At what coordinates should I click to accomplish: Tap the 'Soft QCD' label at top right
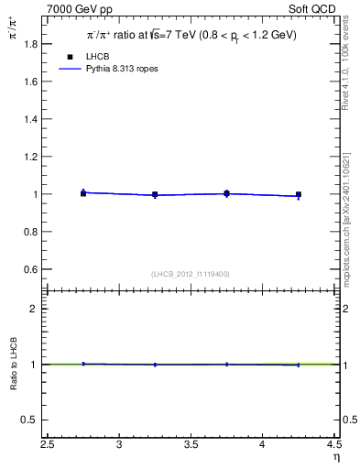[x=314, y=7]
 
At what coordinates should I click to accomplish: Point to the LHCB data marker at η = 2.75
[x=83, y=193]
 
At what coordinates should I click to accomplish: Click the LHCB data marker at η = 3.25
[x=155, y=194]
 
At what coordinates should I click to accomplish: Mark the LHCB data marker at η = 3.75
[x=226, y=193]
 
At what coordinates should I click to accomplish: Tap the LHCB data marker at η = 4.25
[x=299, y=194]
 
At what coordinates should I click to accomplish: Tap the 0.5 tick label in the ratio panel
[x=30, y=420]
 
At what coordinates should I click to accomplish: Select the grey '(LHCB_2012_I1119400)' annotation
[x=190, y=274]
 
